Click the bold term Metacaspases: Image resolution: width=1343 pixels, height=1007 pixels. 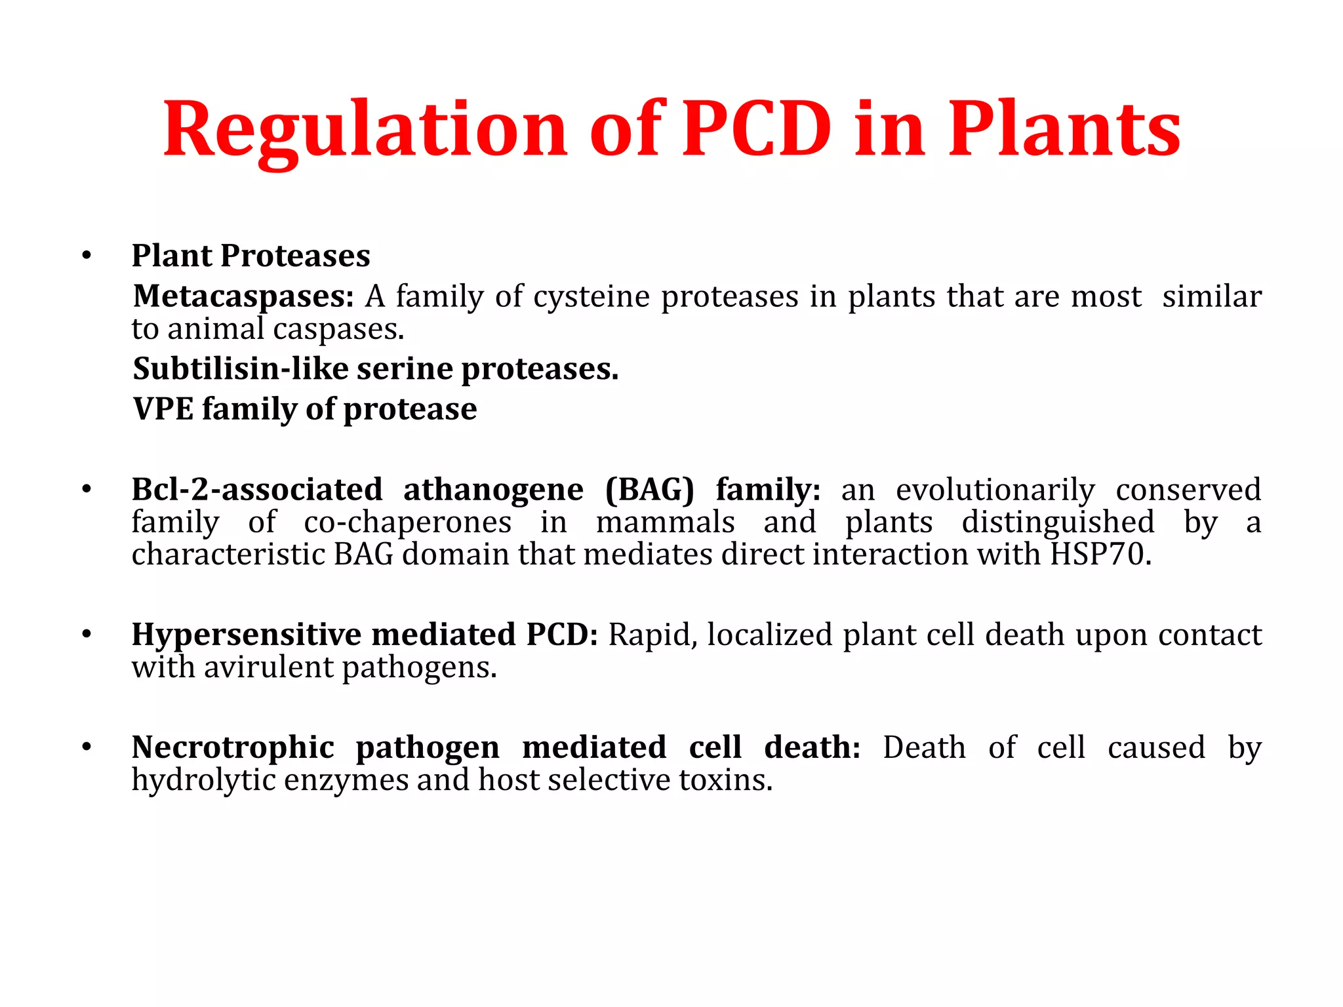pos(243,296)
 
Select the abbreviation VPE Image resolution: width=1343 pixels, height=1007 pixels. pos(163,409)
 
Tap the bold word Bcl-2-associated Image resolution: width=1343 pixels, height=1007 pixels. pos(257,490)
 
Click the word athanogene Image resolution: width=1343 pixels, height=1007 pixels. pos(493,490)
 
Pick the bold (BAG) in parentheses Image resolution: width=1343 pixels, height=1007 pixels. pos(649,490)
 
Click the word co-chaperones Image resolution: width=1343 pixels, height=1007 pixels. pos(407,523)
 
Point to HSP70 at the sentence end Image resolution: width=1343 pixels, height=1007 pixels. pos(1100,555)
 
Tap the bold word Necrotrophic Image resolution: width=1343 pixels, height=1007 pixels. pos(233,747)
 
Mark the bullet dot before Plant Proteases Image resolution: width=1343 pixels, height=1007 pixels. pos(87,256)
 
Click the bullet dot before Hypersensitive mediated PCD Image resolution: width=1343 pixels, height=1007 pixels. pos(87,635)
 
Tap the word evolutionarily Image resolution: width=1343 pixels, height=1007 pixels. pos(995,490)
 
